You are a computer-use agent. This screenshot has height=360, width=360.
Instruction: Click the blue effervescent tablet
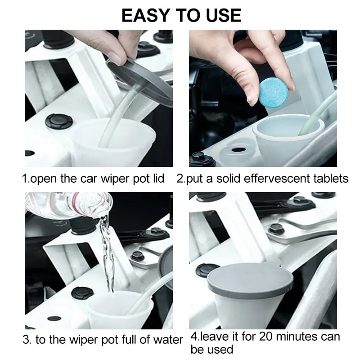273,92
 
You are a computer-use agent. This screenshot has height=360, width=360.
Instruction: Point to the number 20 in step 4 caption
266,336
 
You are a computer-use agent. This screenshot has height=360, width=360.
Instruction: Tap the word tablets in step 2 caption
331,178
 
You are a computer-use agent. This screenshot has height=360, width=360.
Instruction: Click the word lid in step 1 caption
158,178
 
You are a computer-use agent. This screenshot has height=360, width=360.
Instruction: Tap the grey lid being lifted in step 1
140,81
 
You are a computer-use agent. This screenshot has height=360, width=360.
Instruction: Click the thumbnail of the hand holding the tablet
263,98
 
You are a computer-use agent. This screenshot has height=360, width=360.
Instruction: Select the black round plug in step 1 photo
59,121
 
